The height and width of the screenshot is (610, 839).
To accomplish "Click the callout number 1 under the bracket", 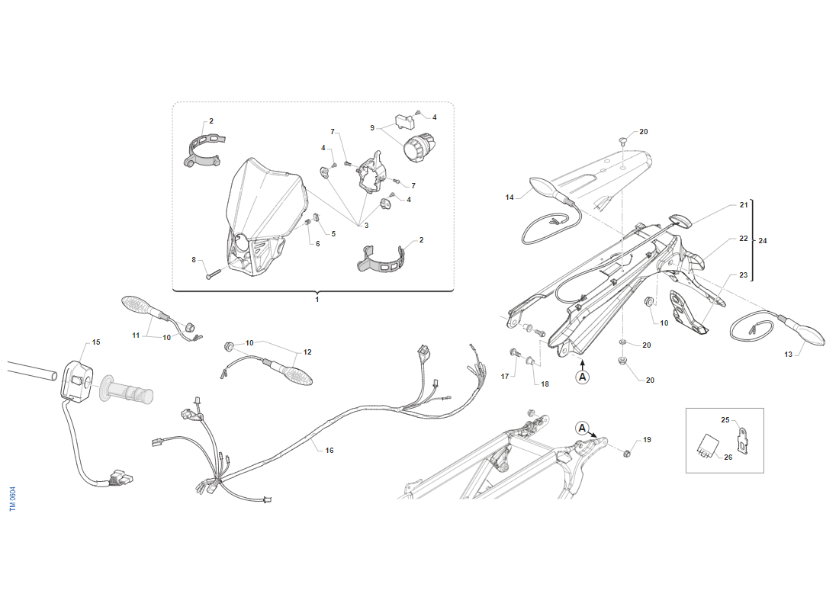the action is pyautogui.click(x=317, y=300).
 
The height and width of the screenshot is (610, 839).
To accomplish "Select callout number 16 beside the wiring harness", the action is pyautogui.click(x=329, y=451).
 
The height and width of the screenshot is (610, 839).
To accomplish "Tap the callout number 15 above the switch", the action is pyautogui.click(x=96, y=342).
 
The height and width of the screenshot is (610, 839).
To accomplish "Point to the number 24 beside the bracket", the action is pyautogui.click(x=763, y=241).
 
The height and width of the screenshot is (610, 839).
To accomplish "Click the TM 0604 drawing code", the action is pyautogui.click(x=13, y=499).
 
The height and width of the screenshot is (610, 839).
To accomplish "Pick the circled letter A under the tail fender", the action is pyautogui.click(x=582, y=377).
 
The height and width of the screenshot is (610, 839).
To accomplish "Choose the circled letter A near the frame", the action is pyautogui.click(x=582, y=428).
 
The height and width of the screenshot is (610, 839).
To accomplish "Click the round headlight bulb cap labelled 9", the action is pyautogui.click(x=420, y=146).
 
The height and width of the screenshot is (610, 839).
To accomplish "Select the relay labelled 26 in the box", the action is pyautogui.click(x=707, y=446).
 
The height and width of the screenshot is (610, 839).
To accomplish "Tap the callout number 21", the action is pyautogui.click(x=744, y=205).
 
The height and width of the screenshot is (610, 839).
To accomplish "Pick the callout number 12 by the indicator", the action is pyautogui.click(x=307, y=352).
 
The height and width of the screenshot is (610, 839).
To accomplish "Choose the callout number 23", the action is pyautogui.click(x=743, y=275).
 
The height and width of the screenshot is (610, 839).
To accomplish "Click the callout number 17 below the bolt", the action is pyautogui.click(x=505, y=377).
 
